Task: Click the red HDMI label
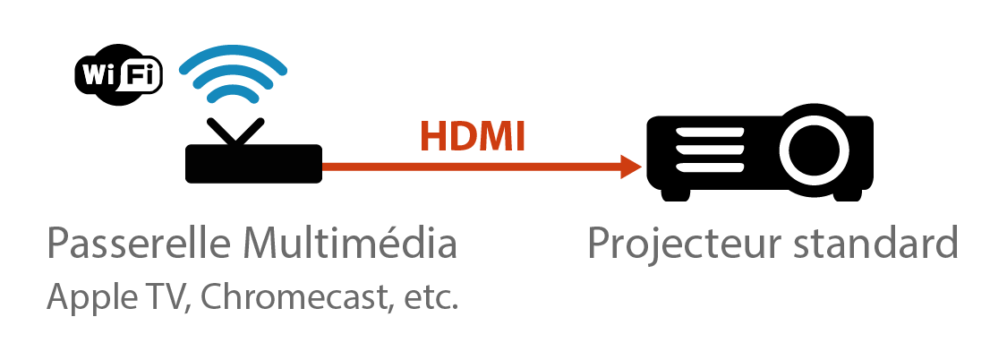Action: click(x=473, y=136)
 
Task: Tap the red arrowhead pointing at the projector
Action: click(x=631, y=167)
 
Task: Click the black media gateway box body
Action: click(x=253, y=164)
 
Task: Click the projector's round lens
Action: click(x=814, y=150)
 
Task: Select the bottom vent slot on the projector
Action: click(x=710, y=167)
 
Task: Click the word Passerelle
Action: click(x=140, y=244)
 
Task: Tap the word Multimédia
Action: click(x=351, y=244)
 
